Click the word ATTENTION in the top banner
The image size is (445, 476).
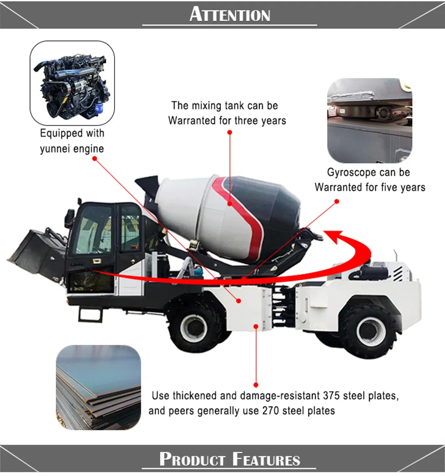pyautogui.click(x=230, y=15)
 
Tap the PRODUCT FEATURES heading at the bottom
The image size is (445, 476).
pyautogui.click(x=230, y=459)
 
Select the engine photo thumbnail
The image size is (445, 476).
pyautogui.click(x=72, y=83)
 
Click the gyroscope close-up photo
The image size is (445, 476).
pyautogui.click(x=369, y=121)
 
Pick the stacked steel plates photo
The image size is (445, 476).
pyautogui.click(x=98, y=387)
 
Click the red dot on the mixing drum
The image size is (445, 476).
pyautogui.click(x=230, y=204)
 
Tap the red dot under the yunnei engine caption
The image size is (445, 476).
pyautogui.click(x=94, y=159)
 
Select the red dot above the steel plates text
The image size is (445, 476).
pyautogui.click(x=256, y=384)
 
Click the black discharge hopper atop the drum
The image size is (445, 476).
pyautogui.click(x=147, y=185)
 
